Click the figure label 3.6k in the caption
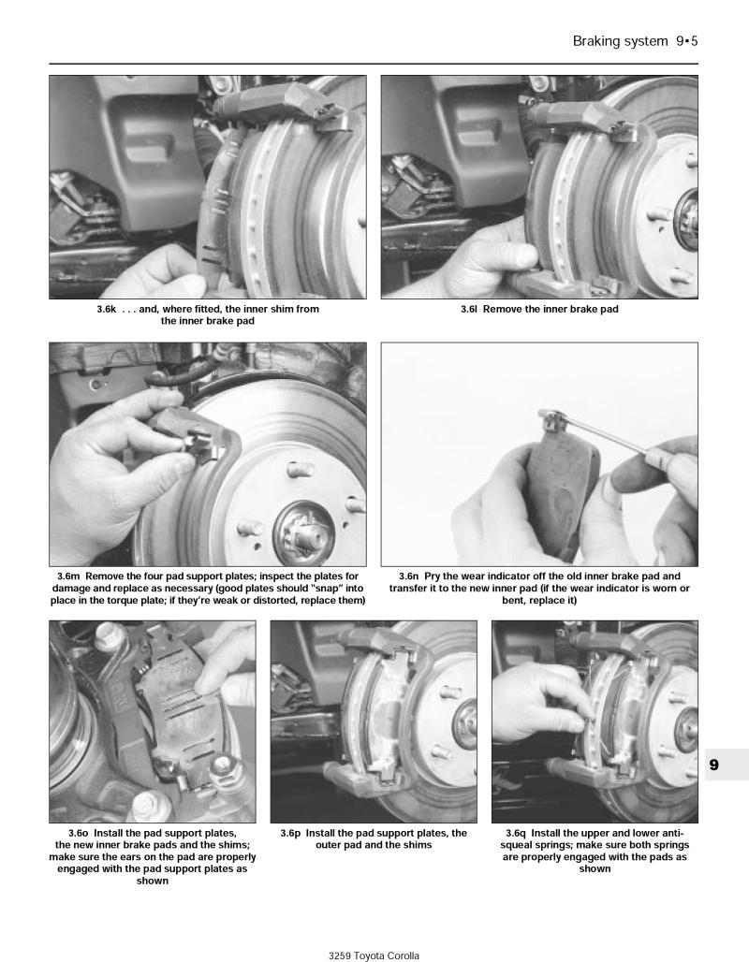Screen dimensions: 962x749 coord(108,309)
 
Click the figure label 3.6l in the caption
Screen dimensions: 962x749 coord(470,309)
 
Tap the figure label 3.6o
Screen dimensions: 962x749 coord(82,833)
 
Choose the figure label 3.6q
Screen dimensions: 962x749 coord(517,833)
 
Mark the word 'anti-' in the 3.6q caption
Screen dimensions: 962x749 coord(668,833)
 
